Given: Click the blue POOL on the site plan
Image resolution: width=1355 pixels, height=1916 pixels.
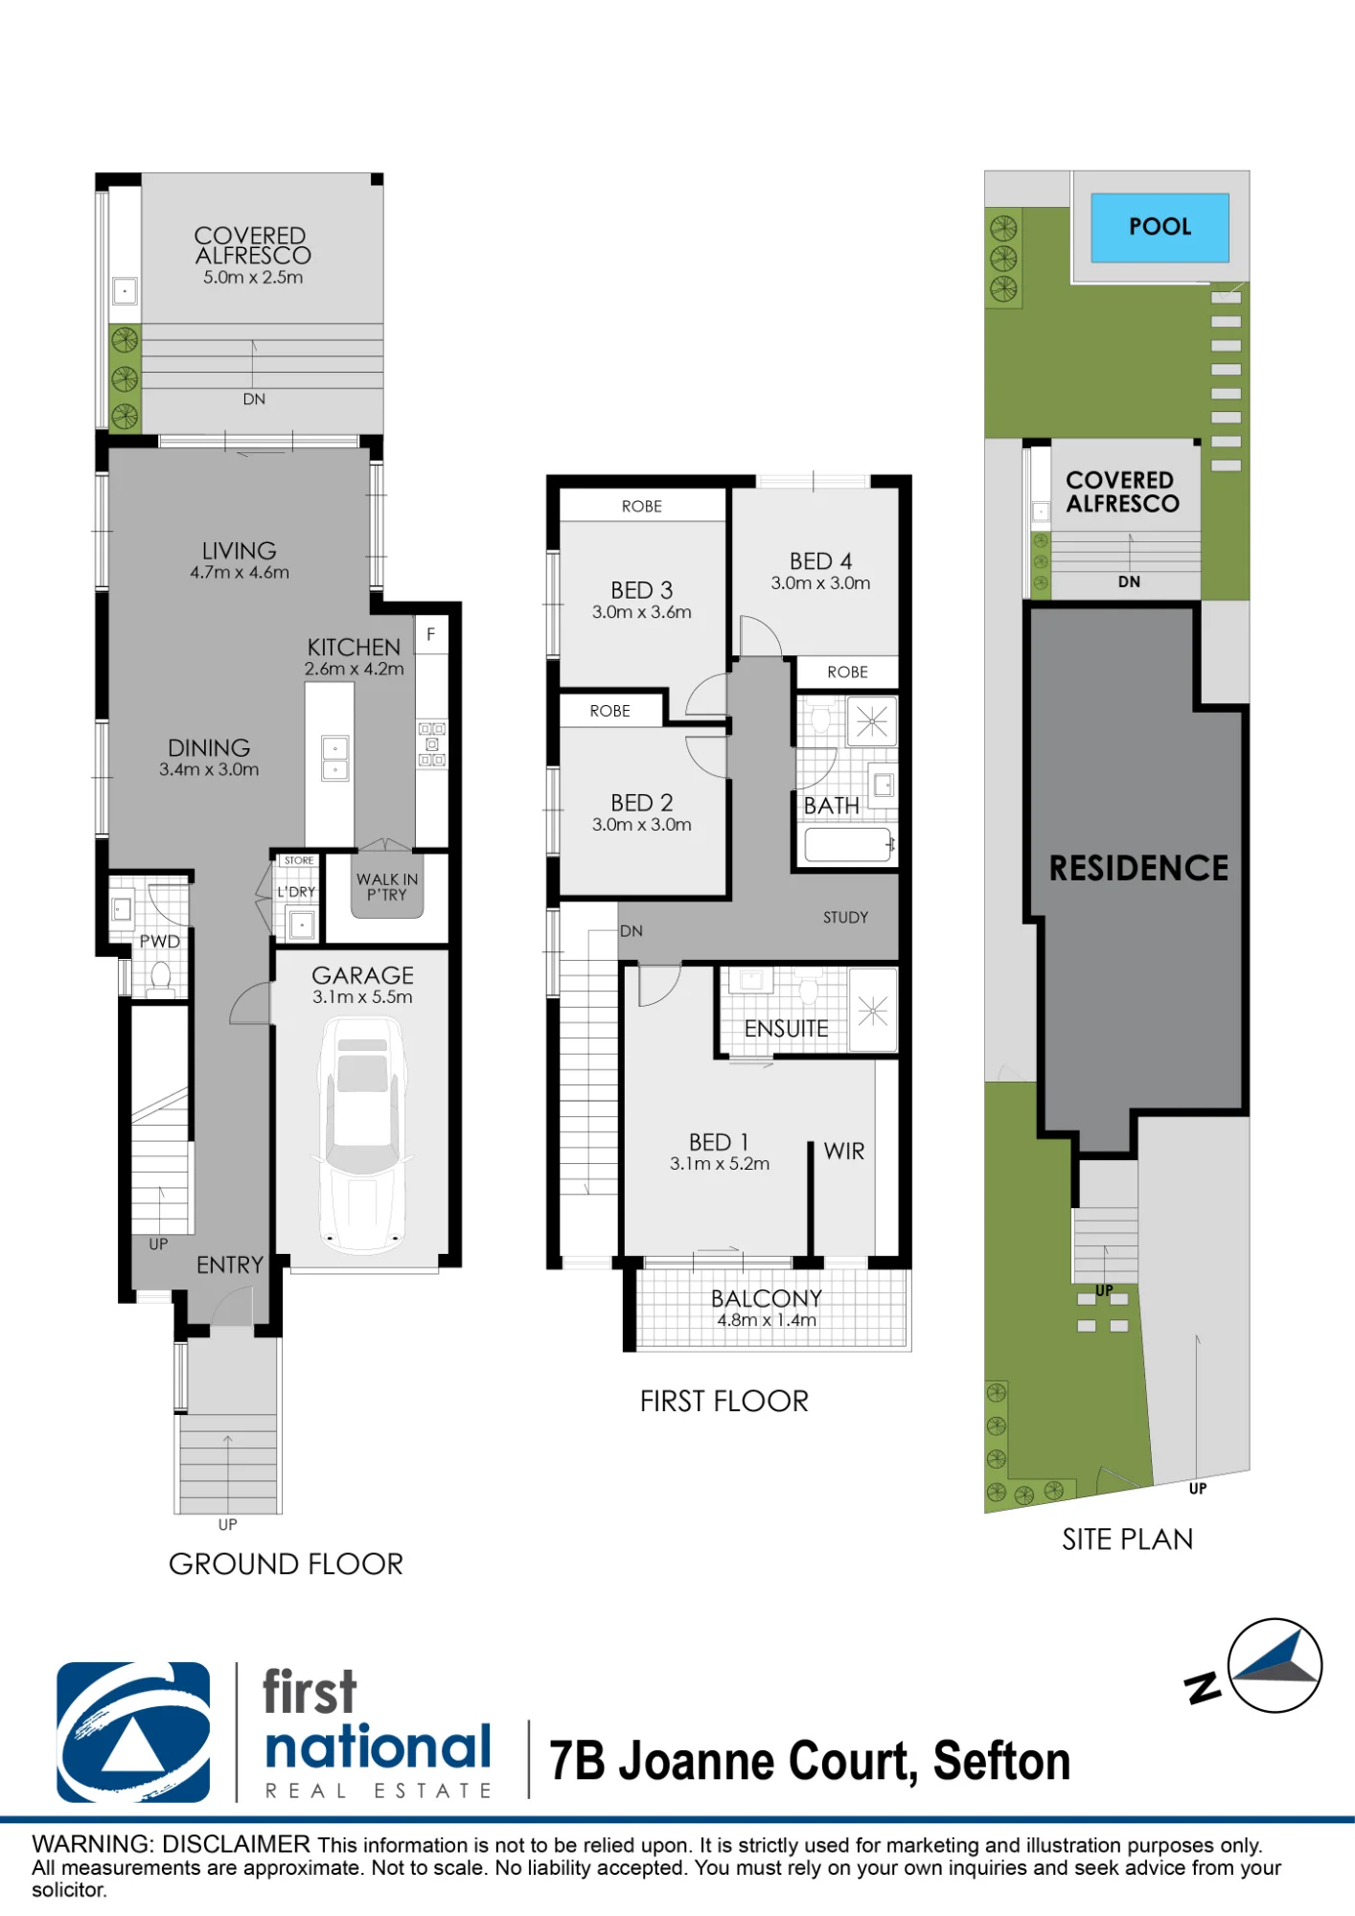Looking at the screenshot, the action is (1160, 227).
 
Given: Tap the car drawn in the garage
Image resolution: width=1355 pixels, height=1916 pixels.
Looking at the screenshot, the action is (362, 1135).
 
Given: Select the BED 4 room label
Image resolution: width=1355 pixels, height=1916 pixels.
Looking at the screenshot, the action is (820, 561).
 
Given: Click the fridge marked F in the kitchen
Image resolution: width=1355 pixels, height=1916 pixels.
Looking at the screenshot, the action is (431, 634).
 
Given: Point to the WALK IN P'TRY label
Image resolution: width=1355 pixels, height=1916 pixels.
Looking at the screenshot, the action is (387, 887).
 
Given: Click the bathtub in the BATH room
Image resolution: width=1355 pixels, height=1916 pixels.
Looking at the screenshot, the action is (848, 845).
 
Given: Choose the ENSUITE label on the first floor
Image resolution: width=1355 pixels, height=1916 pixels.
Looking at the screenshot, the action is (786, 1029).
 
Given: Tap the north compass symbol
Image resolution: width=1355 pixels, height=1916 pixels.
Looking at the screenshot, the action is (1274, 1665).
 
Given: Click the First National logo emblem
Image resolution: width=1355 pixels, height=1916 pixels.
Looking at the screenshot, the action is (133, 1732).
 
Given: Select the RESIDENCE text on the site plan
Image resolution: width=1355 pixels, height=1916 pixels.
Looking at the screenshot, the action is (1138, 868).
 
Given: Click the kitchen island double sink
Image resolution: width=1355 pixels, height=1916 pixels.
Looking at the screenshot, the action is (334, 759).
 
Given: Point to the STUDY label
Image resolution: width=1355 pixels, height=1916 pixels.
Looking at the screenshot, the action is (845, 918).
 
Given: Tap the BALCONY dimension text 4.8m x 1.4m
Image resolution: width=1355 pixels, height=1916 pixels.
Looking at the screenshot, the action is (767, 1320).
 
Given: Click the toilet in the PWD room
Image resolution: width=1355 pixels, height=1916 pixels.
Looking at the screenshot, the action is (160, 978).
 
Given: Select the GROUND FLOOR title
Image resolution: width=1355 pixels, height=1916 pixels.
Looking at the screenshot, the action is (286, 1564).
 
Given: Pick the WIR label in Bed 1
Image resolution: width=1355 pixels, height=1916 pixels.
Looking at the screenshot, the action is (844, 1152).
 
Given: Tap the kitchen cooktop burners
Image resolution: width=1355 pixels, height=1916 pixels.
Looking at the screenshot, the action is (432, 744).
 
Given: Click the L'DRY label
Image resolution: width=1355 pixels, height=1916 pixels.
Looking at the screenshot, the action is (296, 892).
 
